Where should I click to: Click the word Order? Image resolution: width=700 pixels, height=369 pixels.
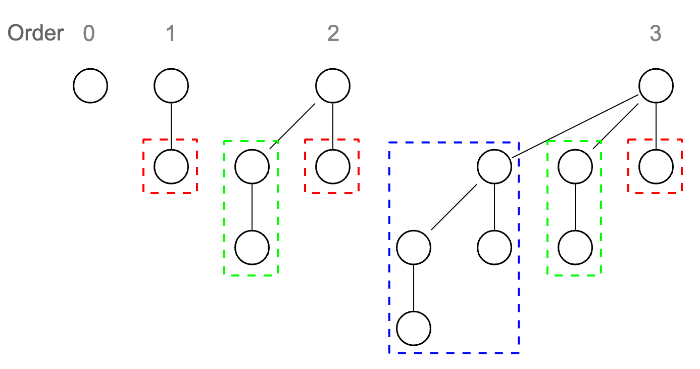pos(36,33)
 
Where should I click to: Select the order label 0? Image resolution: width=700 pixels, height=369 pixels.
pos(89,33)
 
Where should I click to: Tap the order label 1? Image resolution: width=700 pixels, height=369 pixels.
pos(171,33)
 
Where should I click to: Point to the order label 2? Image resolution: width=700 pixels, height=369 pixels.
pos(333,33)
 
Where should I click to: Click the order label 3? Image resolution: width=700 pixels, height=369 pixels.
pos(655,33)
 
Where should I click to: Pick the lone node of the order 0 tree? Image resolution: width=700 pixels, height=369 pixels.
pos(90,86)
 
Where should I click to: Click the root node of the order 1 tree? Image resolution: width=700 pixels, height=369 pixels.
pos(171,86)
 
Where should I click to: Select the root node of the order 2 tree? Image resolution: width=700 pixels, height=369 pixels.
pos(333,86)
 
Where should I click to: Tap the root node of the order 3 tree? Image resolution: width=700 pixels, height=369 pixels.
pos(656,86)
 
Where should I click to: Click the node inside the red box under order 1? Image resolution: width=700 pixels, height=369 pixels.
pos(171,166)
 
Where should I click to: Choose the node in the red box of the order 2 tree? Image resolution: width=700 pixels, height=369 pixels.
pos(333,166)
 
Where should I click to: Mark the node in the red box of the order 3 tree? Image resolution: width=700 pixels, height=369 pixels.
pos(656,166)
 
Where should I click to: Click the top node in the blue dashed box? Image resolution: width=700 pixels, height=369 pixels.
pos(494,166)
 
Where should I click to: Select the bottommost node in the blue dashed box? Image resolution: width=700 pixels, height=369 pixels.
pos(414,329)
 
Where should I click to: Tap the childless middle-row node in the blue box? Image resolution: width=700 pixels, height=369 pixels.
pos(494,248)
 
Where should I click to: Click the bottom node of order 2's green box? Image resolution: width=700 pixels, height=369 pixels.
pos(252,248)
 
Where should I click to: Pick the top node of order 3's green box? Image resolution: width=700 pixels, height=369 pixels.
pos(575,166)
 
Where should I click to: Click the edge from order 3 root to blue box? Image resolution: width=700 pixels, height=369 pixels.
pos(576,126)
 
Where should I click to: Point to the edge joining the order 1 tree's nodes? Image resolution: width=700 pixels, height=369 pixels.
pos(171,126)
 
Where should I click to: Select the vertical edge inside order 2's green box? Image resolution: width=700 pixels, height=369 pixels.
pos(252,207)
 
